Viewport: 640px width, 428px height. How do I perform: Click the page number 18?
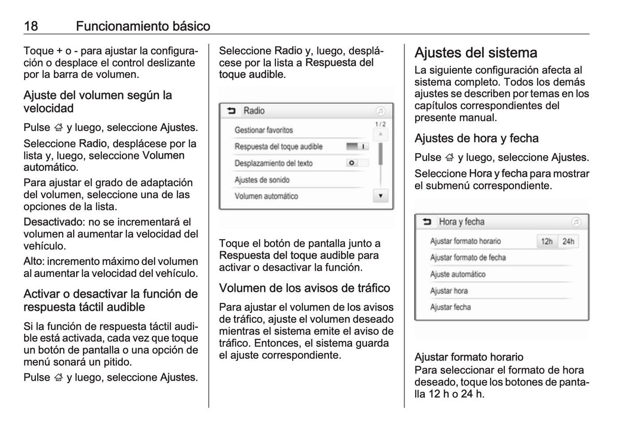tap(31, 26)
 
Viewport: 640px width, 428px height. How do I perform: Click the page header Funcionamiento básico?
tap(143, 26)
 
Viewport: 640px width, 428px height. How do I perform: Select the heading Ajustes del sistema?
tap(476, 53)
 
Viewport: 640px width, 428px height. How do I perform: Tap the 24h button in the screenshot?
tap(568, 241)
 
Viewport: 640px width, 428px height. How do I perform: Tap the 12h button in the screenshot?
tap(547, 241)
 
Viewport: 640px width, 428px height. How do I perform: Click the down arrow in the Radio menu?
tap(380, 196)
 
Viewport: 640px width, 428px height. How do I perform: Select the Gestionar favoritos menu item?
tap(264, 130)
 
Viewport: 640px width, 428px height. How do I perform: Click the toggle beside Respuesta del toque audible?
tap(357, 147)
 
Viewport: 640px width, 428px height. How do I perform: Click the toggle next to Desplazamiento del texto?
tap(357, 163)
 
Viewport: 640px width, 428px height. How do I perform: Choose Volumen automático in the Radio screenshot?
tap(266, 196)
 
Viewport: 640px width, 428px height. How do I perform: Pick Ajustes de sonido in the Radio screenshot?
tap(262, 180)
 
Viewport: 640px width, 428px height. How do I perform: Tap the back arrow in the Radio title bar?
tap(231, 111)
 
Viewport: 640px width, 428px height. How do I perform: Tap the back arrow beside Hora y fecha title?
tap(427, 222)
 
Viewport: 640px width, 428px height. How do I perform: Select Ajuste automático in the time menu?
tap(458, 274)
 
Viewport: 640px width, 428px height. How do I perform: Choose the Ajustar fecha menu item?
tap(450, 307)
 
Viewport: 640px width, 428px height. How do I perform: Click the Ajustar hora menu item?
tap(449, 291)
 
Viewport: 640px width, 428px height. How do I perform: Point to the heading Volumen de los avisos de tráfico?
tap(304, 288)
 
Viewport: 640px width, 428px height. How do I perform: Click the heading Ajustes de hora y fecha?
tap(477, 138)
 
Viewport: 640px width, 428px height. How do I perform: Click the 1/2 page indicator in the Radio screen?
tap(380, 125)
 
